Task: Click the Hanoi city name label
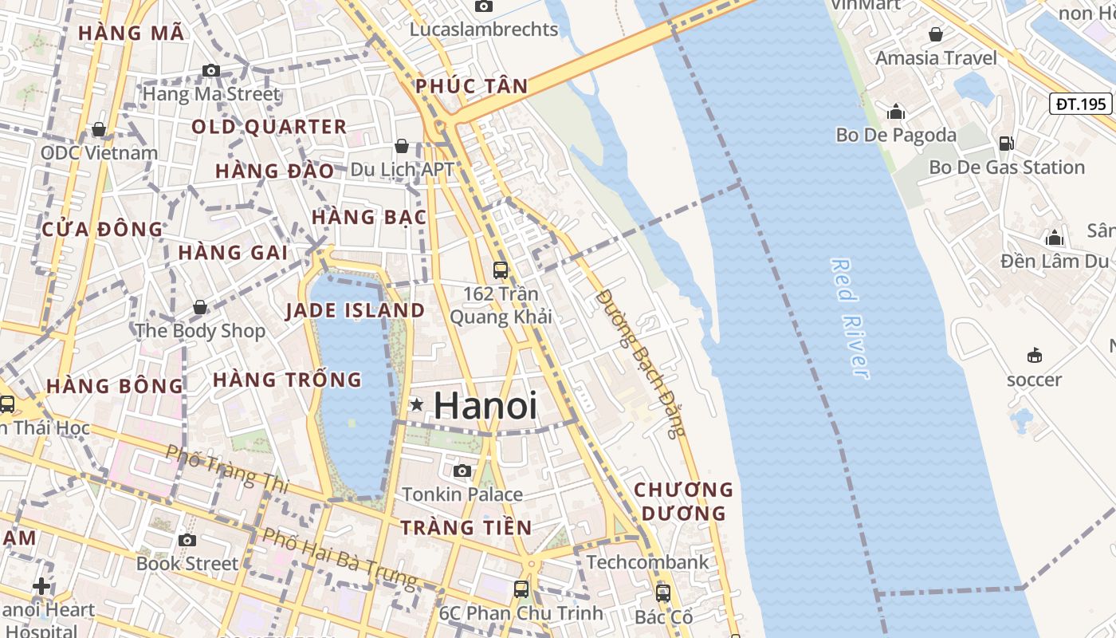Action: coord(485,406)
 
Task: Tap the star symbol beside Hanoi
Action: coord(416,405)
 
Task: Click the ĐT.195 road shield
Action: coord(1080,104)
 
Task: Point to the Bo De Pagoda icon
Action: coord(896,112)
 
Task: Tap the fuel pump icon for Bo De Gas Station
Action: coord(1006,144)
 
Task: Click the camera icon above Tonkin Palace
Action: coord(462,471)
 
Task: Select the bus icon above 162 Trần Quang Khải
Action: coord(501,270)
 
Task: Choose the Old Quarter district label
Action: coord(269,127)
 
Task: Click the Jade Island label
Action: coord(355,310)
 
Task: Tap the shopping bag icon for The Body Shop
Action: coord(200,307)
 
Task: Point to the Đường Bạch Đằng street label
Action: coord(640,363)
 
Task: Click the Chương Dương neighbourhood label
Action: coord(683,501)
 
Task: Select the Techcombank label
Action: coord(647,562)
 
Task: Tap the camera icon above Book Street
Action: coord(187,540)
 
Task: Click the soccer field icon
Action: coord(1035,355)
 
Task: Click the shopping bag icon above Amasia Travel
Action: coord(936,34)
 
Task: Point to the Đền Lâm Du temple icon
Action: coord(1055,238)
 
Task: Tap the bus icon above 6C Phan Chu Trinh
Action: coord(521,589)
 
